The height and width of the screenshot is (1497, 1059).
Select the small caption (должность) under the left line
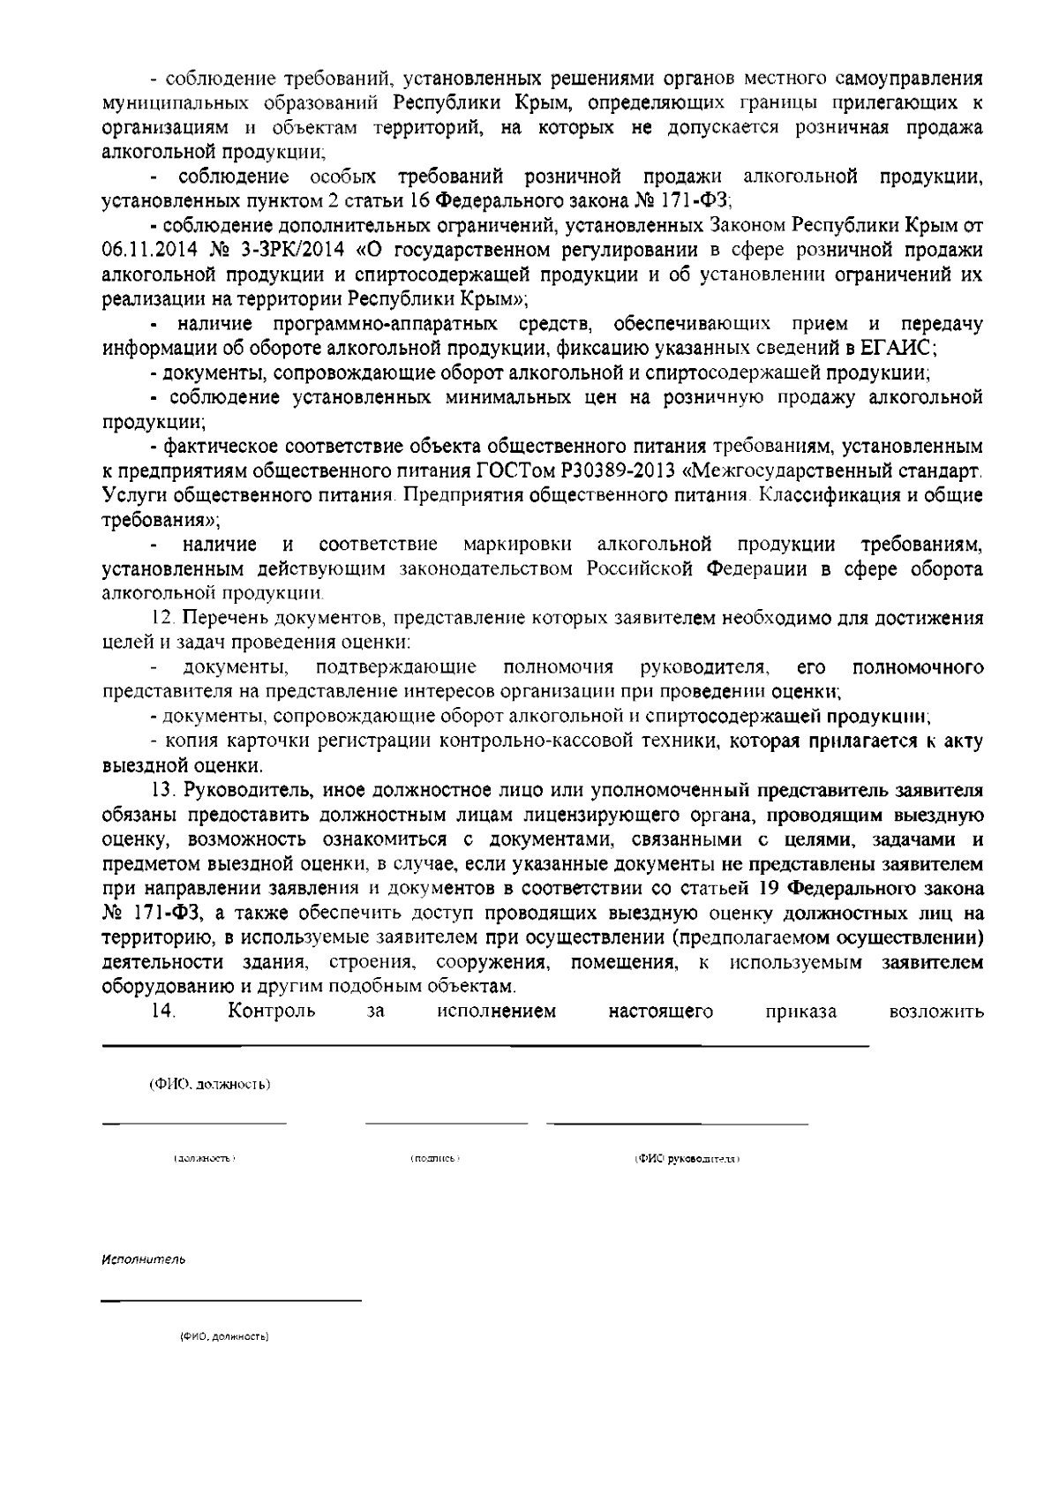point(205,1157)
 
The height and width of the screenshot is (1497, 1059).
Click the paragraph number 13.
point(164,788)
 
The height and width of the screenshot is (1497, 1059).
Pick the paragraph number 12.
point(165,618)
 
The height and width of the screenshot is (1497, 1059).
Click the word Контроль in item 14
point(271,1012)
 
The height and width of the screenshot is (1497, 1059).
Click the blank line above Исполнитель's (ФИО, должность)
point(231,1300)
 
